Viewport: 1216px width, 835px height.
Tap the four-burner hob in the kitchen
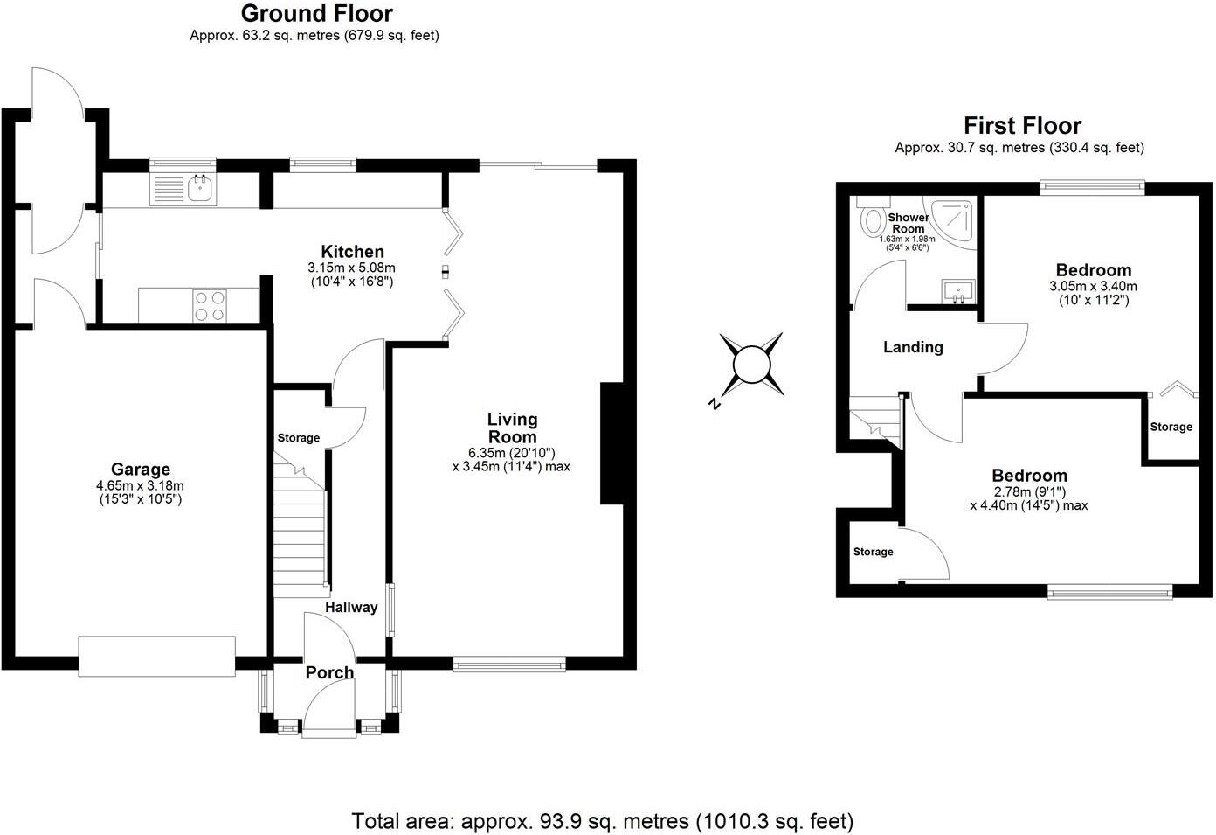(209, 306)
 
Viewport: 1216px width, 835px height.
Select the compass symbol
(750, 365)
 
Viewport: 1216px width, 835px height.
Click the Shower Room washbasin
(959, 290)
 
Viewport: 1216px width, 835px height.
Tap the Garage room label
(140, 470)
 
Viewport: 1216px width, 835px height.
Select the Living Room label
(512, 428)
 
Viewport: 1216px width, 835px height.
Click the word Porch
(329, 672)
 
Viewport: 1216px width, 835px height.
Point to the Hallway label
(351, 607)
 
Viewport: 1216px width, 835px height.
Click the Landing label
(913, 347)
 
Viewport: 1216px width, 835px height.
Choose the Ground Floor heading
(316, 13)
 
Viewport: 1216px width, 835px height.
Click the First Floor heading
(1022, 125)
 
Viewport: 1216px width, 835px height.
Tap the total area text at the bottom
(602, 821)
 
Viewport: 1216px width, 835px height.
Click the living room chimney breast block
(611, 443)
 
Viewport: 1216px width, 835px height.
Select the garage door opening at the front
(156, 656)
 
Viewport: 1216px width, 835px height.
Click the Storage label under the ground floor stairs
(299, 437)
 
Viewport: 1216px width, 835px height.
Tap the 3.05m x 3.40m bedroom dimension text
(1093, 286)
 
